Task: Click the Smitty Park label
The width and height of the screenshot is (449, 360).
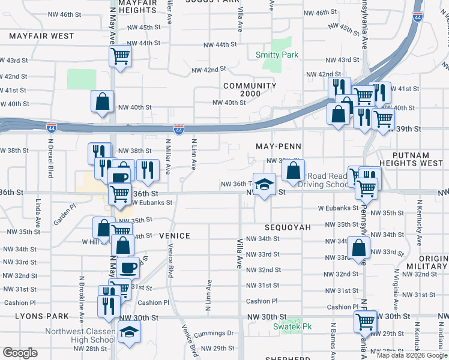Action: (x=277, y=55)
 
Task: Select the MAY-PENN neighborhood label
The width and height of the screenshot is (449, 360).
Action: (x=278, y=146)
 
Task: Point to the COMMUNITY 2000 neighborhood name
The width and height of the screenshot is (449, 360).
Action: (x=250, y=90)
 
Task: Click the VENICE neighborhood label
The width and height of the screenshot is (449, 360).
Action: (x=175, y=236)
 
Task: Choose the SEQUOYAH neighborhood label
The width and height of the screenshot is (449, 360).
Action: (x=288, y=228)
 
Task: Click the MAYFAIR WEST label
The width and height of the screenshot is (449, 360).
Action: (x=41, y=36)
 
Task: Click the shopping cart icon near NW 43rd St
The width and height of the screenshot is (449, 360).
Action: (x=120, y=57)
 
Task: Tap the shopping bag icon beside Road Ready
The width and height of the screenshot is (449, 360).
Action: (x=294, y=170)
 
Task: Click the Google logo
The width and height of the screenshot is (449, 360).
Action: (x=20, y=353)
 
